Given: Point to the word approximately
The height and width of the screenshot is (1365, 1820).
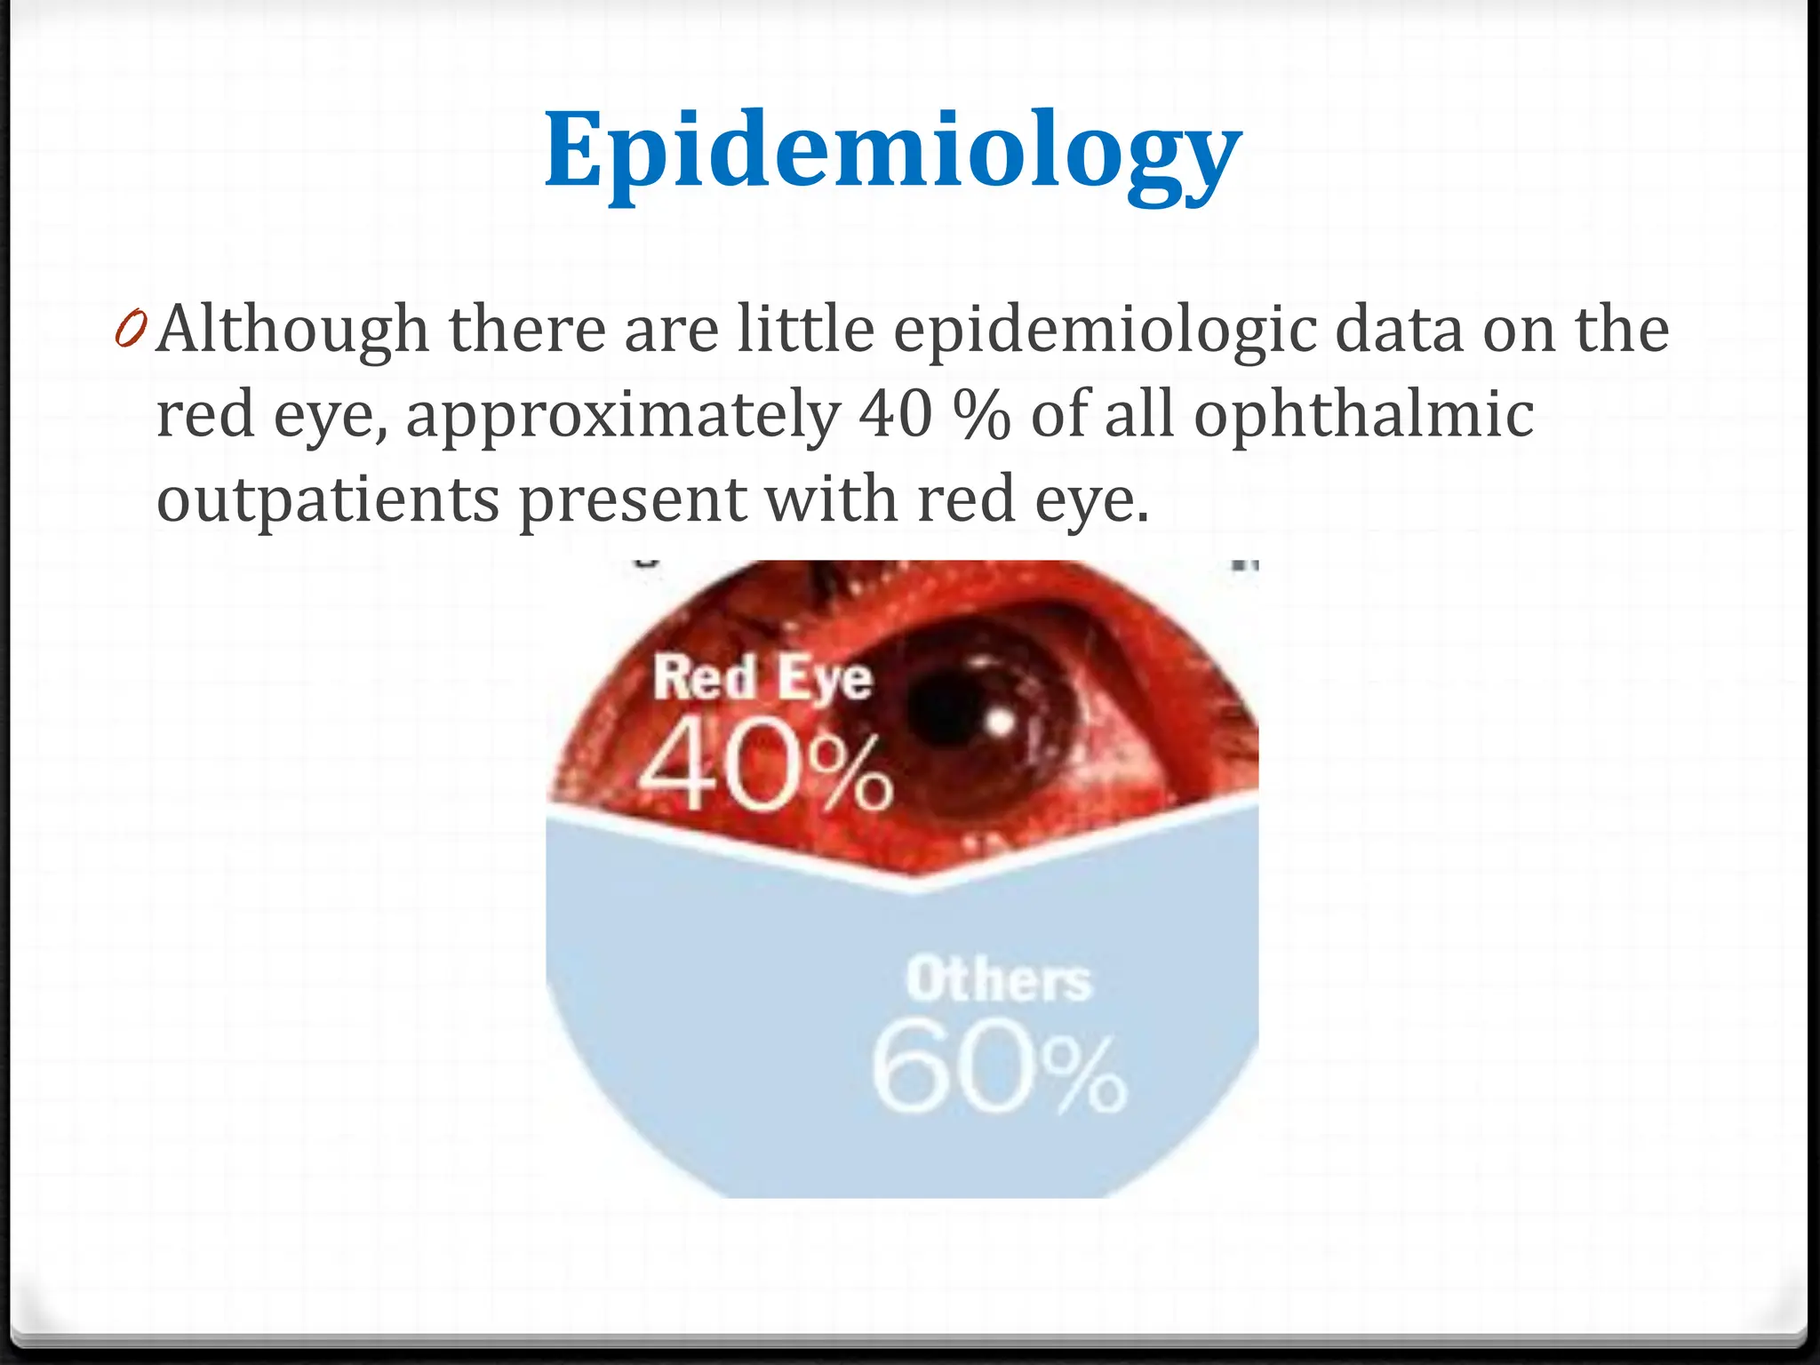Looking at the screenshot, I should coord(622,415).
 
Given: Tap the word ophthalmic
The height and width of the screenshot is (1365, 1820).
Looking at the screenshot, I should coord(1363,415).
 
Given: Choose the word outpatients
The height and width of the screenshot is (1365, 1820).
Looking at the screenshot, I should coord(327,499).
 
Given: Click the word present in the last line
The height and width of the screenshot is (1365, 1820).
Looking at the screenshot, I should coord(633,499).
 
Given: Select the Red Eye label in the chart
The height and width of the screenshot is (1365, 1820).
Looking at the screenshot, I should coord(762,679).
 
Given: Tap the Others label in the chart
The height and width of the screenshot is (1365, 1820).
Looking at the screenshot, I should coord(998,980).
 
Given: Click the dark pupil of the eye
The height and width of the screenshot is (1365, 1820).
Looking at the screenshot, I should coord(951,711).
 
